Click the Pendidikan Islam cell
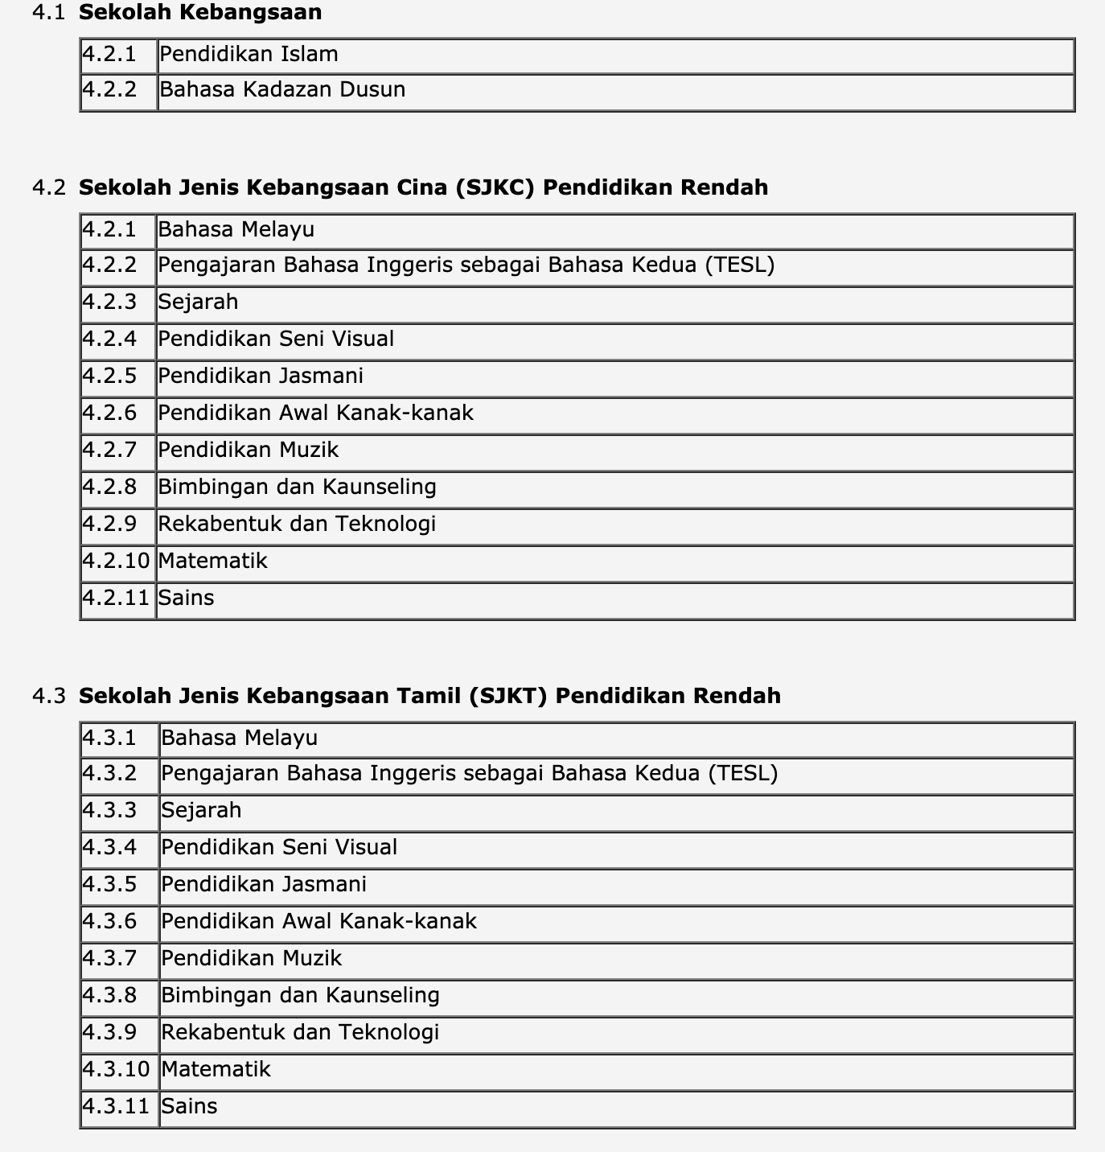(249, 55)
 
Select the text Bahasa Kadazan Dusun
(282, 89)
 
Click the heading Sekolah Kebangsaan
(200, 12)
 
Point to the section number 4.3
(48, 696)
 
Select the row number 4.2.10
(117, 561)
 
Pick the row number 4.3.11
(117, 1106)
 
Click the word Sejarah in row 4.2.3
(198, 302)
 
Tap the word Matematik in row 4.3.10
(216, 1069)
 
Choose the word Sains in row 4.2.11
(186, 598)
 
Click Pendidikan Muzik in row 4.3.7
(251, 958)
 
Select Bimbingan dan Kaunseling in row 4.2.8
(297, 487)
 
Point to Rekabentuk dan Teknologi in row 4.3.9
(300, 1032)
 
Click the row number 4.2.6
(109, 413)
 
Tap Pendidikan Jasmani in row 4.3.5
(264, 884)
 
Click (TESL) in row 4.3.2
(742, 773)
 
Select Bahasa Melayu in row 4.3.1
(239, 738)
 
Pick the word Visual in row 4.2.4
(364, 339)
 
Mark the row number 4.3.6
(109, 921)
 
